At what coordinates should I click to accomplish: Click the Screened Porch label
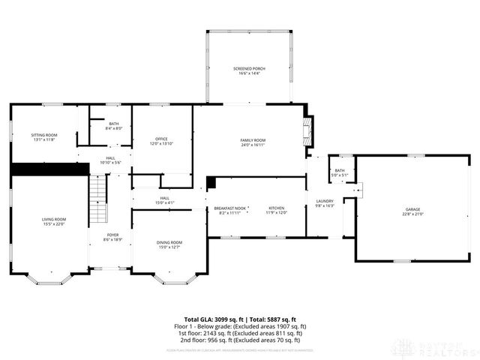[249, 70]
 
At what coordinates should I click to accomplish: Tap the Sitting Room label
[43, 136]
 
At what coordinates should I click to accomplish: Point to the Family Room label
[253, 142]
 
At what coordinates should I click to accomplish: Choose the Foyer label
[112, 237]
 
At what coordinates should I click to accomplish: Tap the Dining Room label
[169, 244]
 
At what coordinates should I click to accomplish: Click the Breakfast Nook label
[230, 210]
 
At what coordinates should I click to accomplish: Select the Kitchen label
[277, 210]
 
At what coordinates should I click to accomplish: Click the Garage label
[413, 211]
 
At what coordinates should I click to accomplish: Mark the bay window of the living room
[50, 279]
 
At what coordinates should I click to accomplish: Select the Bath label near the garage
[340, 172]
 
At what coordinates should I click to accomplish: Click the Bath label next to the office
[113, 125]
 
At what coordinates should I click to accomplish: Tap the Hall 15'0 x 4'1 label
[143, 200]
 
